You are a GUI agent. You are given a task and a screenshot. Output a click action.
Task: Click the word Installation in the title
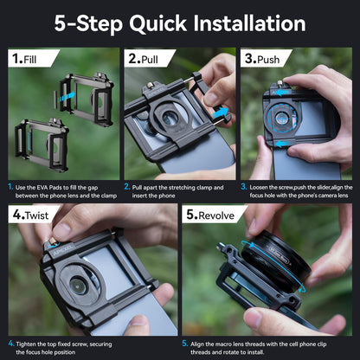(x=249, y=23)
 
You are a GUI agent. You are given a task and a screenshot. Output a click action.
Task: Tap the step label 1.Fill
(x=24, y=59)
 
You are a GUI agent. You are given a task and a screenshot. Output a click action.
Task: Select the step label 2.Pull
(x=144, y=59)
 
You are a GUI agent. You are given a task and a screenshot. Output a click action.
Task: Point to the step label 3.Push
(x=262, y=59)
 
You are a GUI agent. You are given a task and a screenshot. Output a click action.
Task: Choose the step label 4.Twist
(x=30, y=215)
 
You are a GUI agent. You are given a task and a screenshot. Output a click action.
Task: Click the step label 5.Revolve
(x=210, y=215)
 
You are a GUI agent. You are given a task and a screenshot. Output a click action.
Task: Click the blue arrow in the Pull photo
(x=220, y=112)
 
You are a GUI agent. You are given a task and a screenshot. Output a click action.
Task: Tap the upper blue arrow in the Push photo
(x=282, y=93)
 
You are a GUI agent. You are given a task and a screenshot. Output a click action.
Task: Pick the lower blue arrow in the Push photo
(x=282, y=144)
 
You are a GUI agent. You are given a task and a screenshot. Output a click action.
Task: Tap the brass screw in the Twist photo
(x=53, y=241)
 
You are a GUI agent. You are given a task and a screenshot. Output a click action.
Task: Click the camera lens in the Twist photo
(x=79, y=285)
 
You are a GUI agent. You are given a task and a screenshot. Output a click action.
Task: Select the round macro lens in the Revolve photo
(x=275, y=262)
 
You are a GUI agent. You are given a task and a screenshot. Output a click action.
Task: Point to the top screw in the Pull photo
(x=150, y=86)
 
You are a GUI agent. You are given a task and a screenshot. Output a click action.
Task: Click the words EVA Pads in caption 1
(x=48, y=188)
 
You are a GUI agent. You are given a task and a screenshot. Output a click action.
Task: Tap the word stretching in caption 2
(x=182, y=188)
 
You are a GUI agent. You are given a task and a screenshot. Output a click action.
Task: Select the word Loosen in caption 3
(x=259, y=187)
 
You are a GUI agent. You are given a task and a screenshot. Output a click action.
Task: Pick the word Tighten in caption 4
(x=26, y=344)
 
